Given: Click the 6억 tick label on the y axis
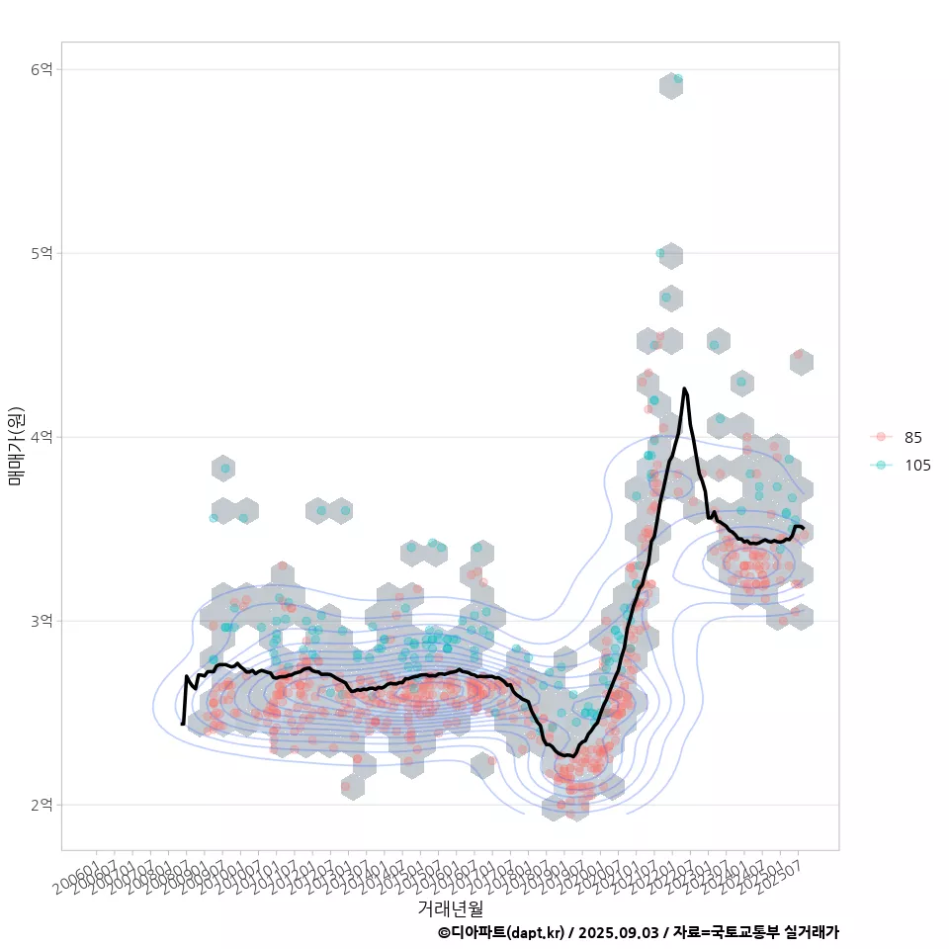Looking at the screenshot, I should click(x=43, y=69).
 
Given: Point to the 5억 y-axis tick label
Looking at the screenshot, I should click(x=43, y=253).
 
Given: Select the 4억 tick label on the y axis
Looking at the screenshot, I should click(x=43, y=437).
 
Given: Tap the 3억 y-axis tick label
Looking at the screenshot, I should click(x=43, y=621).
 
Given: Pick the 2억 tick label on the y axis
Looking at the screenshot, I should click(x=43, y=805).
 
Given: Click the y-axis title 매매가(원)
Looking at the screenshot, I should click(x=16, y=445).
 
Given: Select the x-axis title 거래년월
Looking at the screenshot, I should click(x=450, y=907).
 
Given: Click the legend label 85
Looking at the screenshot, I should click(x=912, y=438).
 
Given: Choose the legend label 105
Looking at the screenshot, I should click(x=917, y=466).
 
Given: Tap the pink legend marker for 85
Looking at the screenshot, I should click(x=880, y=438).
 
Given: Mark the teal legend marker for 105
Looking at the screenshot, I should click(x=880, y=466).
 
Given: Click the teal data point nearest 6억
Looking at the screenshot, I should click(x=677, y=79).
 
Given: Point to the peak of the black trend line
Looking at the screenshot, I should click(x=684, y=389).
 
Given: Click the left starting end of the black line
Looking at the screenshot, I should click(x=183, y=725).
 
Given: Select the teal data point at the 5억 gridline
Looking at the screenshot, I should click(x=660, y=253).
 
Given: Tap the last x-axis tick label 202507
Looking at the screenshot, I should click(x=787, y=870).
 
